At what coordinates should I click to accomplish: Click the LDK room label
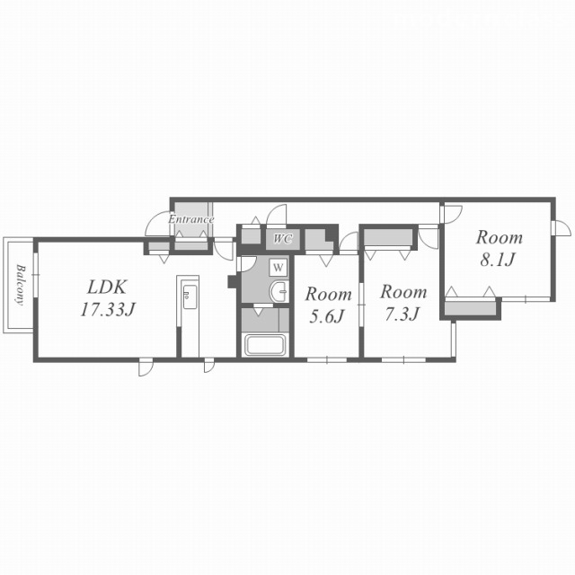pos(107,287)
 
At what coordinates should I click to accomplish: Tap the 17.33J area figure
pos(108,310)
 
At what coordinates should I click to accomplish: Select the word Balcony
pos(21,285)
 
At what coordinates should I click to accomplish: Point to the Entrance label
pos(191,219)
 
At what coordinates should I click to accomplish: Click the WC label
pos(283,239)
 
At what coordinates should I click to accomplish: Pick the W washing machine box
pos(279,268)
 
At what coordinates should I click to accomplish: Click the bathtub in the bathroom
pos(265,345)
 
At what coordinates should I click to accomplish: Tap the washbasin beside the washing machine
pos(279,292)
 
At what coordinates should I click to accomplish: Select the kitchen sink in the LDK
pos(190,296)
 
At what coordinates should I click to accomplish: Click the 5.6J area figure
pos(327,316)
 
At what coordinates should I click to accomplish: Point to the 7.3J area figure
pos(402,314)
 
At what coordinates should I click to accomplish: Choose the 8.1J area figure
pos(498,260)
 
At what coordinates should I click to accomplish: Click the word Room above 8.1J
pos(500,237)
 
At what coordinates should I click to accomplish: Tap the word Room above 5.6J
pos(329,294)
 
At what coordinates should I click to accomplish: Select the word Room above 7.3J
pos(403,292)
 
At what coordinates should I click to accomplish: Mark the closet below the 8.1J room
pos(471,308)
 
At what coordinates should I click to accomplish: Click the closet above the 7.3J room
pos(388,237)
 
